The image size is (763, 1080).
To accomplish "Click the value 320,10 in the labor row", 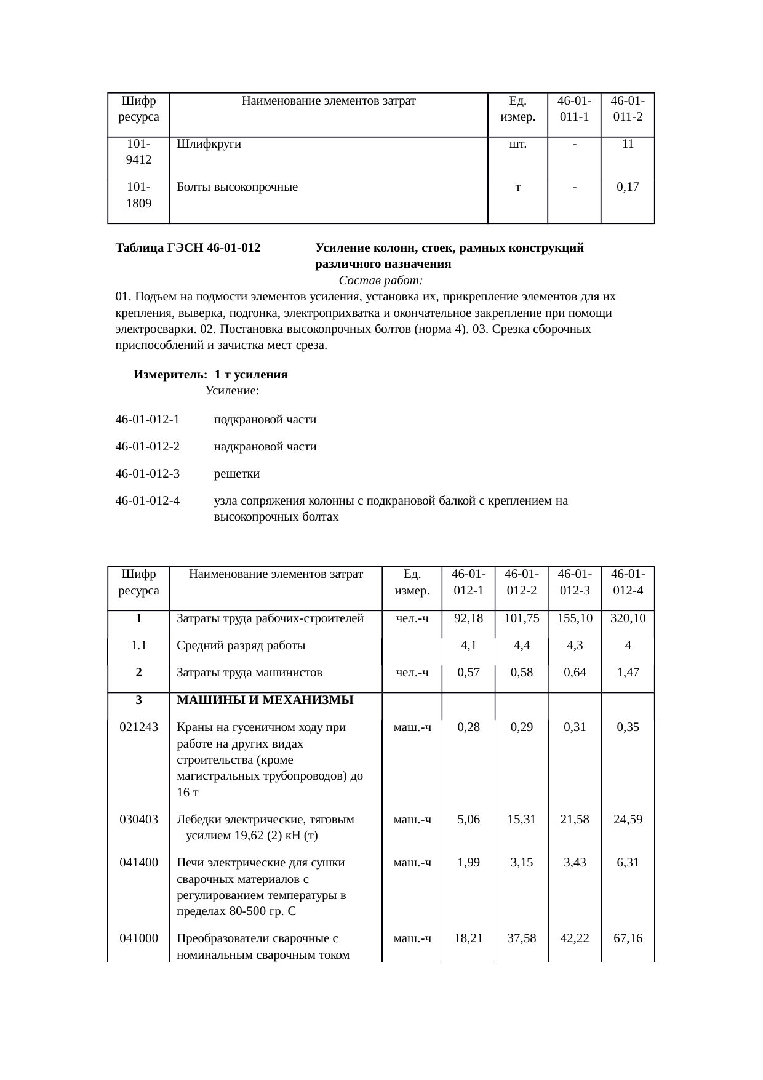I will (628, 618).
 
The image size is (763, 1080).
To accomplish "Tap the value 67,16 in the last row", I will (628, 938).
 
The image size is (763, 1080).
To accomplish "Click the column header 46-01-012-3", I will (575, 582).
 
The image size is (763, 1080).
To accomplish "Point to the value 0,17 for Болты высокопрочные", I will (628, 187).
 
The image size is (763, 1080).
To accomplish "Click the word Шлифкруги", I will (209, 145).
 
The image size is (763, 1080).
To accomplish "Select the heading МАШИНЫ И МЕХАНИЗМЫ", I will (265, 700).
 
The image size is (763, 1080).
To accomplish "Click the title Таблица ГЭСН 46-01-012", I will (188, 249).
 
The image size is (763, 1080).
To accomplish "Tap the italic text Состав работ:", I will (380, 281).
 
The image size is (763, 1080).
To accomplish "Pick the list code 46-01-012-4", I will (147, 501).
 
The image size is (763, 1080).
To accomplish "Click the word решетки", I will (236, 474).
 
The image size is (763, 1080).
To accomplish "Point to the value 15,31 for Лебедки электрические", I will (521, 820).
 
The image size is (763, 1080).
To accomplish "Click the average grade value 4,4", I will (521, 646).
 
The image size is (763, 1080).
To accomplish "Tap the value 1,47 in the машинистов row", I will (628, 673).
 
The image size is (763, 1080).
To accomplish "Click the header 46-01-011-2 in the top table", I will (628, 108).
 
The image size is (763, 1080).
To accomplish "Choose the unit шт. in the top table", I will (517, 145).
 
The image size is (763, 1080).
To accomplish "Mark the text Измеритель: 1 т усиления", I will (210, 375).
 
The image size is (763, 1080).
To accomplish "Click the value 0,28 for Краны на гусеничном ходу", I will (468, 727).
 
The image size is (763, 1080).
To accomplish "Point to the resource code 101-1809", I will (138, 195).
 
